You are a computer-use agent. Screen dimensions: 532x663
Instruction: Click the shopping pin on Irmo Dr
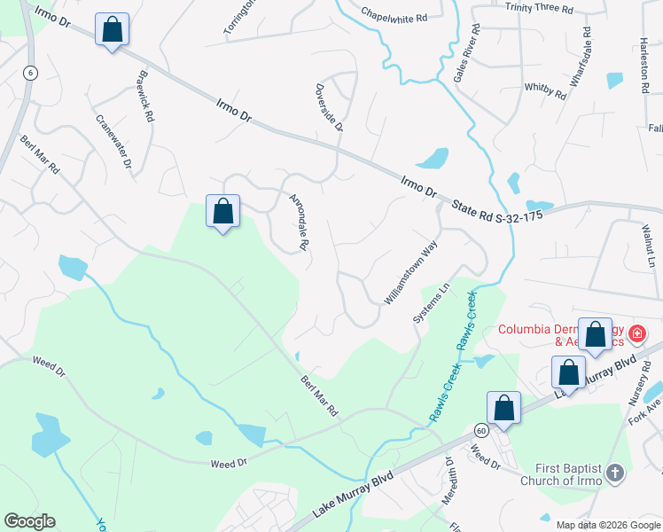(112, 29)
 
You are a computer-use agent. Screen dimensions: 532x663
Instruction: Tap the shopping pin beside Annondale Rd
(223, 212)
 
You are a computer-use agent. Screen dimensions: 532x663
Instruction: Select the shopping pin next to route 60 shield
(503, 408)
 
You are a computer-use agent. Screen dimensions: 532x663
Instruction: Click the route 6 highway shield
(30, 74)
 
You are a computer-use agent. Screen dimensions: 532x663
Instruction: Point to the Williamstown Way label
(411, 275)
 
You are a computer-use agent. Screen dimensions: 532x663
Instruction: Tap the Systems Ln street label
(432, 303)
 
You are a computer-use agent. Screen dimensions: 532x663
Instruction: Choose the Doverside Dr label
(329, 107)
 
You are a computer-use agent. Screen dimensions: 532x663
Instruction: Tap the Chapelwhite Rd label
(394, 14)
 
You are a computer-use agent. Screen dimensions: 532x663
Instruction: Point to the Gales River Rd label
(467, 53)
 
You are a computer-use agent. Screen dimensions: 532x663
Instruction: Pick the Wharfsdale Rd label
(581, 63)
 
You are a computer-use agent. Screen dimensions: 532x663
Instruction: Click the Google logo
(29, 521)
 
